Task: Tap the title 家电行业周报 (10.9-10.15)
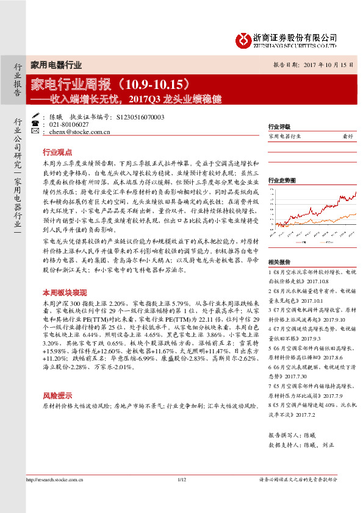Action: click(115, 82)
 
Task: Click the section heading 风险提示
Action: click(57, 395)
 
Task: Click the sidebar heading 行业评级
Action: click(278, 127)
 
